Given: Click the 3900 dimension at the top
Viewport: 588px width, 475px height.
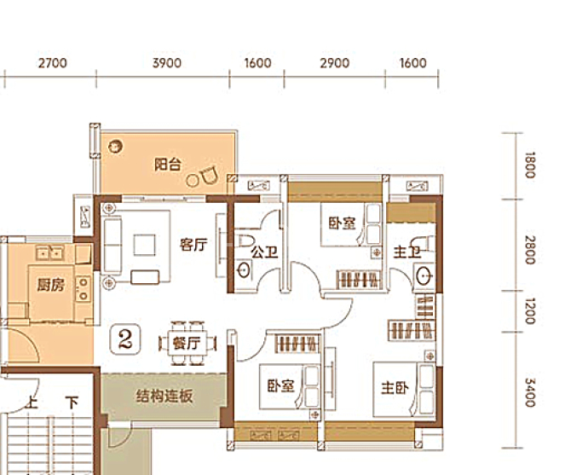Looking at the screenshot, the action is click(167, 62).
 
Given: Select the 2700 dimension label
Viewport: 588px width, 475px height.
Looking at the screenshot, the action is click(53, 62).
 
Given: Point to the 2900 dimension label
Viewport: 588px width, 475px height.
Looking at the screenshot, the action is click(335, 62).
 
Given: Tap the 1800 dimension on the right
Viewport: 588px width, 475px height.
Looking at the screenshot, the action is click(529, 165).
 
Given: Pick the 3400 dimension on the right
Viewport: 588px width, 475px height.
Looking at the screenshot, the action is click(529, 392).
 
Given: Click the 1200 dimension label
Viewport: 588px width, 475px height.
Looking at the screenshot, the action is click(529, 310).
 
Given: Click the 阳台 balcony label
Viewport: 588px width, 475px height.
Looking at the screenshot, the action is click(168, 165).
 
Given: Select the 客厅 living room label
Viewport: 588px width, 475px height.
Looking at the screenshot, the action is click(193, 245).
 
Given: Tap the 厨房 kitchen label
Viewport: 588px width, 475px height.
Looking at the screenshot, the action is click(50, 285).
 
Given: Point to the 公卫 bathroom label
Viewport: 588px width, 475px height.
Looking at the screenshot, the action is click(264, 252).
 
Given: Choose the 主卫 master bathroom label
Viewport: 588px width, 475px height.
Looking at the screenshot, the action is click(406, 252).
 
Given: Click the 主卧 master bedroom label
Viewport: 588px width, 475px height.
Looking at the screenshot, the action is click(395, 387).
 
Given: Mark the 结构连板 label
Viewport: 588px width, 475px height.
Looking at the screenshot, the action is click(164, 396).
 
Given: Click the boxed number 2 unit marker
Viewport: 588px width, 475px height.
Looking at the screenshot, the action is click(125, 339).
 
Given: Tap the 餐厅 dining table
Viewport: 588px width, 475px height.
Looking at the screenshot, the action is click(187, 344).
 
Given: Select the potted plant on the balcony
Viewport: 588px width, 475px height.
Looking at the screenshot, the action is click(115, 146).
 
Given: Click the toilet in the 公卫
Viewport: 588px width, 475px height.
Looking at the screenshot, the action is click(245, 240).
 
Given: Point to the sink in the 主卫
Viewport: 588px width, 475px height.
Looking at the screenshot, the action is click(424, 276).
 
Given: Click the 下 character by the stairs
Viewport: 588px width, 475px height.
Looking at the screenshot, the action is click(72, 403).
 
